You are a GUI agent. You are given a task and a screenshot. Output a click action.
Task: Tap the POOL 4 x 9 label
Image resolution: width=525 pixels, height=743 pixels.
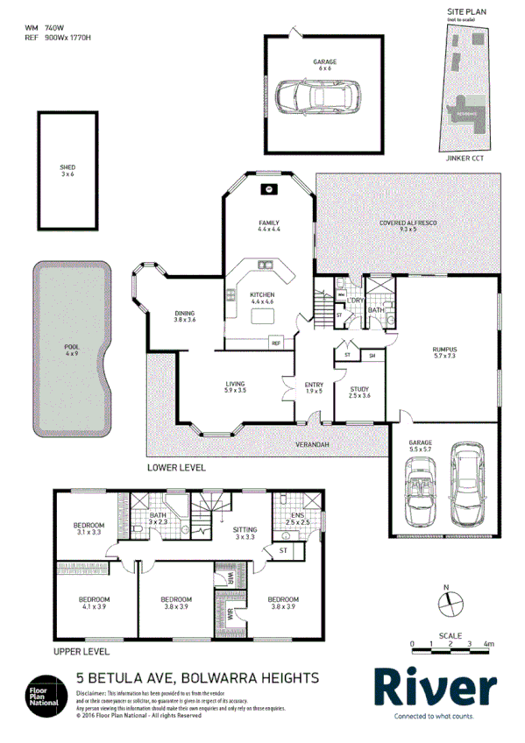(72, 351)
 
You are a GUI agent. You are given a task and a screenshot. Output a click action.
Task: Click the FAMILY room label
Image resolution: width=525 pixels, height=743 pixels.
(269, 225)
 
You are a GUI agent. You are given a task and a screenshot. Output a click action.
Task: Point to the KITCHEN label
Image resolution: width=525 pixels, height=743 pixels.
(263, 298)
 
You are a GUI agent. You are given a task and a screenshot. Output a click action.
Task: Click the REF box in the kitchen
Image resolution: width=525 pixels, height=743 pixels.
(275, 343)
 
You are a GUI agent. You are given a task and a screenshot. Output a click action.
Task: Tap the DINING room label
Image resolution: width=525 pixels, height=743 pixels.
(184, 316)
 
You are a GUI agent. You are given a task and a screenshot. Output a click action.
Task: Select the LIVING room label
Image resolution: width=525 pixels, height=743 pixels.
(235, 387)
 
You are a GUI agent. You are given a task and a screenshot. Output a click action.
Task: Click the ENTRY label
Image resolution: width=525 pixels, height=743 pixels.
(314, 387)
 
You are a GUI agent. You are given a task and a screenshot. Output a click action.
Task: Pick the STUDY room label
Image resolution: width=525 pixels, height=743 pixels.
(360, 393)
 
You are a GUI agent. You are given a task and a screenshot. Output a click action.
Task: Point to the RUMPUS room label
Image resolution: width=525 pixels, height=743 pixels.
(445, 353)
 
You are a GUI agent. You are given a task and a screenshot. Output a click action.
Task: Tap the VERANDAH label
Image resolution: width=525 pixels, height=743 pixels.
(311, 445)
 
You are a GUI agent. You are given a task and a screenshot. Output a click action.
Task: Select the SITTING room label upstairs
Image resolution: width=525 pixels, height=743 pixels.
(244, 533)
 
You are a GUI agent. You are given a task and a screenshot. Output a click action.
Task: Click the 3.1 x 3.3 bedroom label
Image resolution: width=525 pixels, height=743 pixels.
(89, 528)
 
